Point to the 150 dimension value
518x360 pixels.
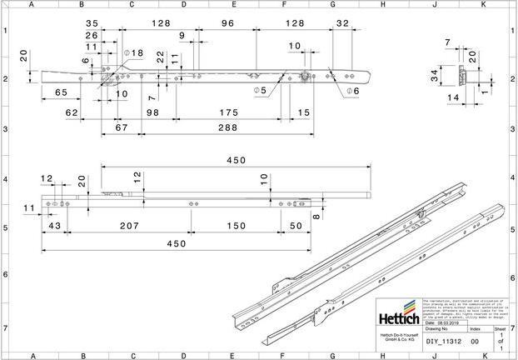236,226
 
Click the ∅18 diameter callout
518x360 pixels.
133,52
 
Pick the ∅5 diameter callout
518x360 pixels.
261,89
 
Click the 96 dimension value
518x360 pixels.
227,24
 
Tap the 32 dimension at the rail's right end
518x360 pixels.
341,24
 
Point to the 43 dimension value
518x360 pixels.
55,226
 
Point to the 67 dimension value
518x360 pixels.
121,127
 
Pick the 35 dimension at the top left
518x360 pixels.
91,24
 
